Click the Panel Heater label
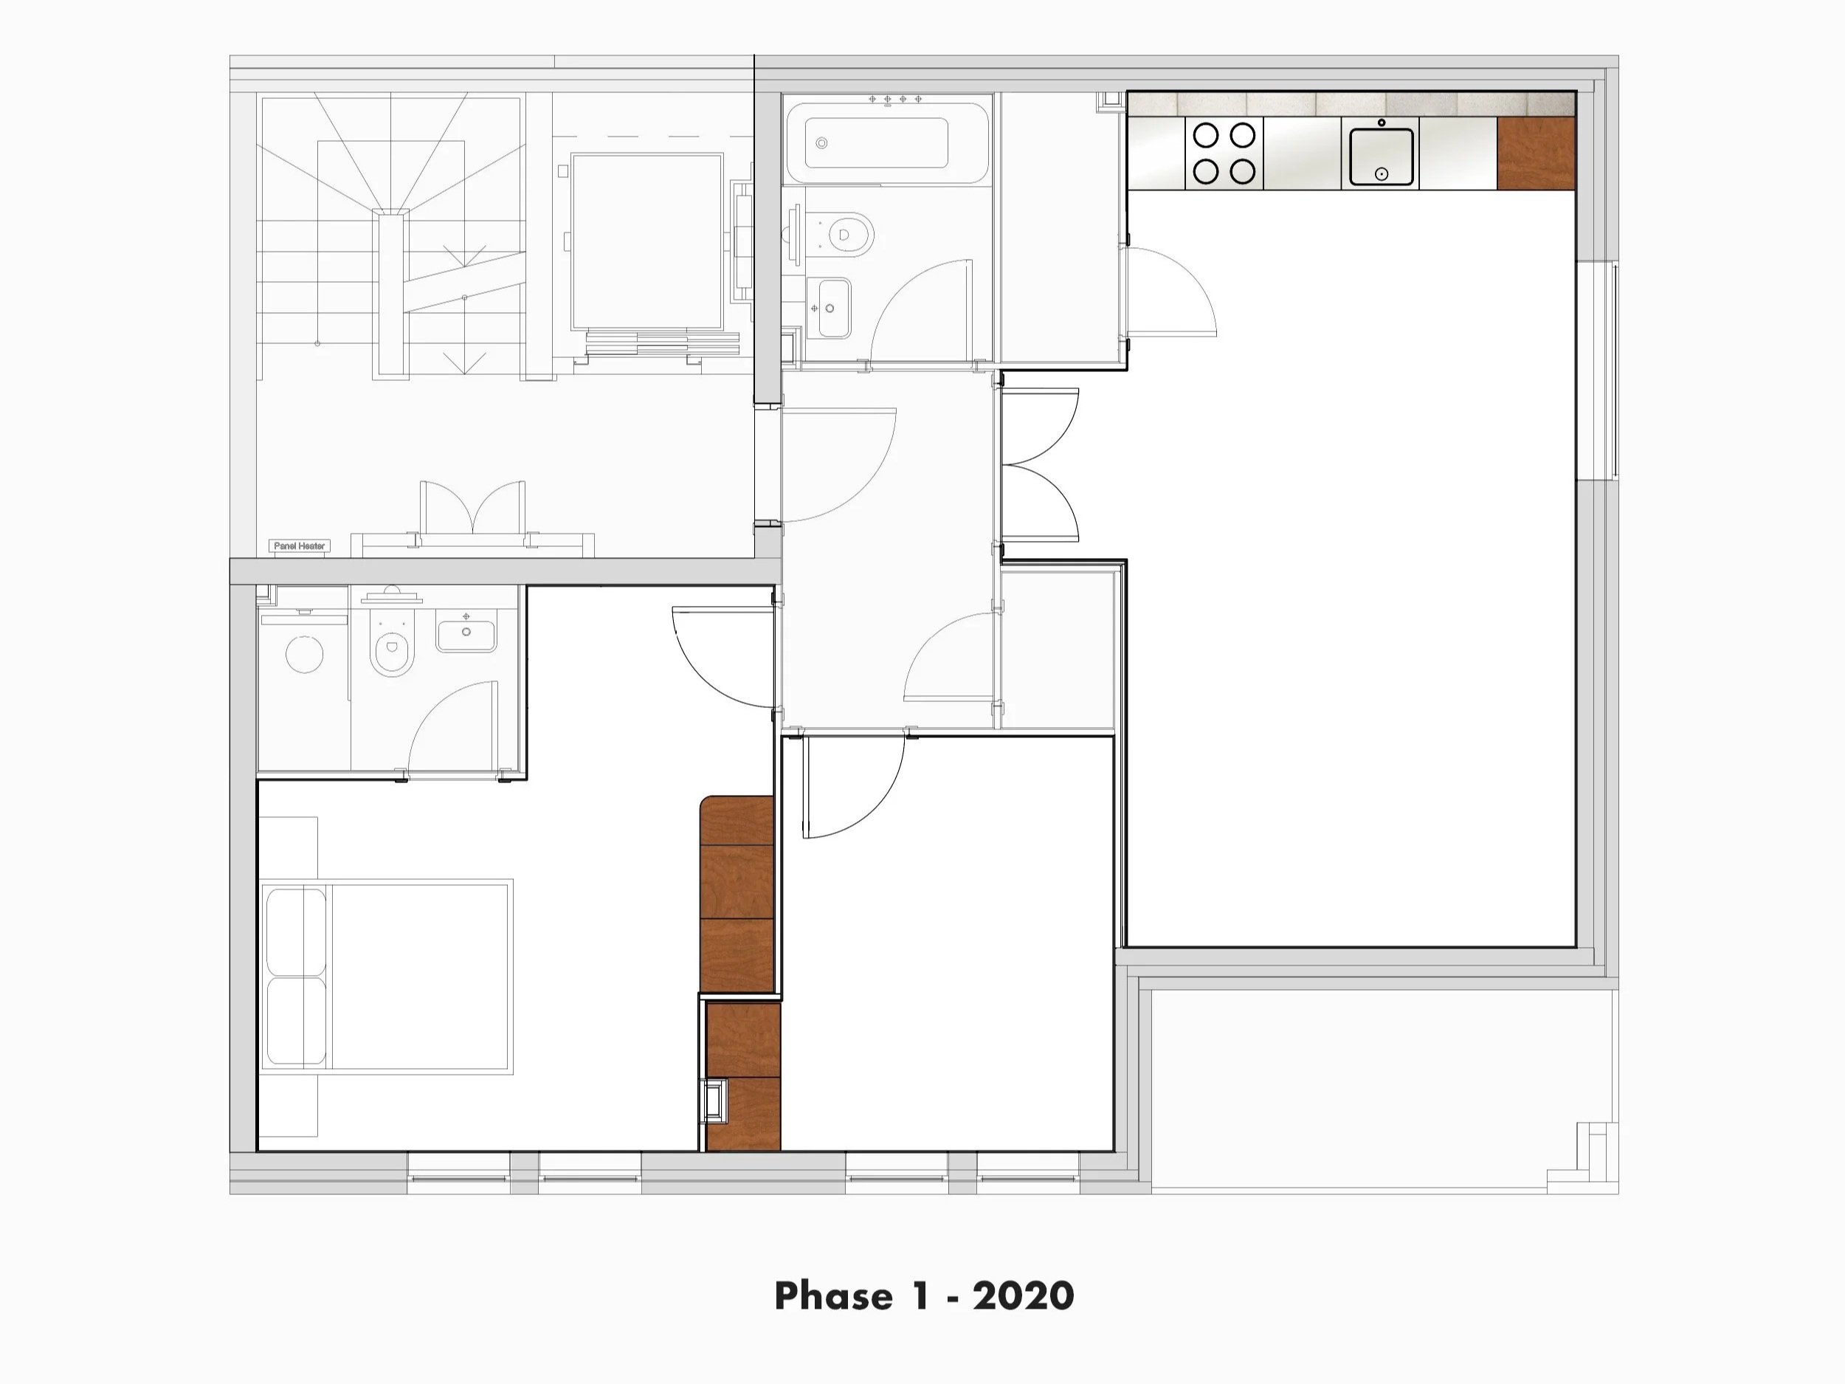pos(300,545)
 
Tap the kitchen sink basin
pos(1382,156)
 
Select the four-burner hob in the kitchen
pos(1224,153)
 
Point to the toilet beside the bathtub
pos(847,233)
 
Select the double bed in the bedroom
pos(387,976)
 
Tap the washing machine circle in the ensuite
pos(305,654)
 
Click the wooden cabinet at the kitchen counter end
pos(1536,153)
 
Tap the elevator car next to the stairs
pos(646,242)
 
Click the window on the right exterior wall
pos(1596,371)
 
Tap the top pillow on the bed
pos(294,931)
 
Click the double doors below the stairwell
pos(473,509)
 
